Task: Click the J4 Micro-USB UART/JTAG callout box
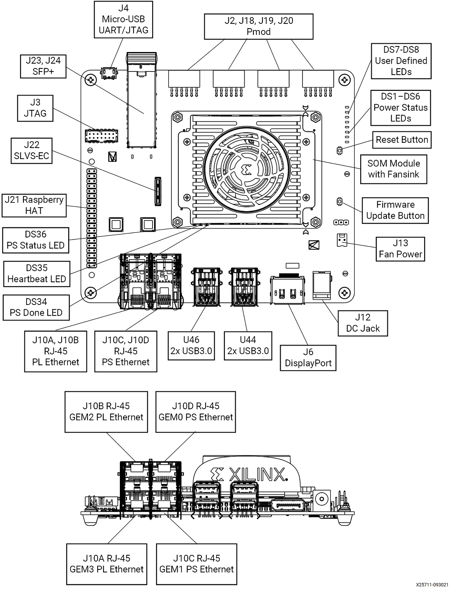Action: click(123, 19)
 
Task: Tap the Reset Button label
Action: click(401, 140)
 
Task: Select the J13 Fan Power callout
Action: click(400, 249)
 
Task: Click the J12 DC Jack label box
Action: click(363, 323)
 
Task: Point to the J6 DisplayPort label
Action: click(308, 358)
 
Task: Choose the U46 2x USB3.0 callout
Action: click(191, 345)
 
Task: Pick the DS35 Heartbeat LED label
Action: click(37, 274)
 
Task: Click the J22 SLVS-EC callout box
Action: click(32, 150)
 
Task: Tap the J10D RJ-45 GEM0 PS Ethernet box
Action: click(196, 412)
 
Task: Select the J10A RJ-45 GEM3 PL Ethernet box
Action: click(107, 564)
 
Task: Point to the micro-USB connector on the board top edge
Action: click(109, 73)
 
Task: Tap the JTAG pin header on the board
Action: click(101, 136)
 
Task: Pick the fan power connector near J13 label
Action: click(342, 240)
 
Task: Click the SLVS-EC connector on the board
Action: click(158, 191)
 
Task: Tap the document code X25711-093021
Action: click(432, 585)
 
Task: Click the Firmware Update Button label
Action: click(395, 210)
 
